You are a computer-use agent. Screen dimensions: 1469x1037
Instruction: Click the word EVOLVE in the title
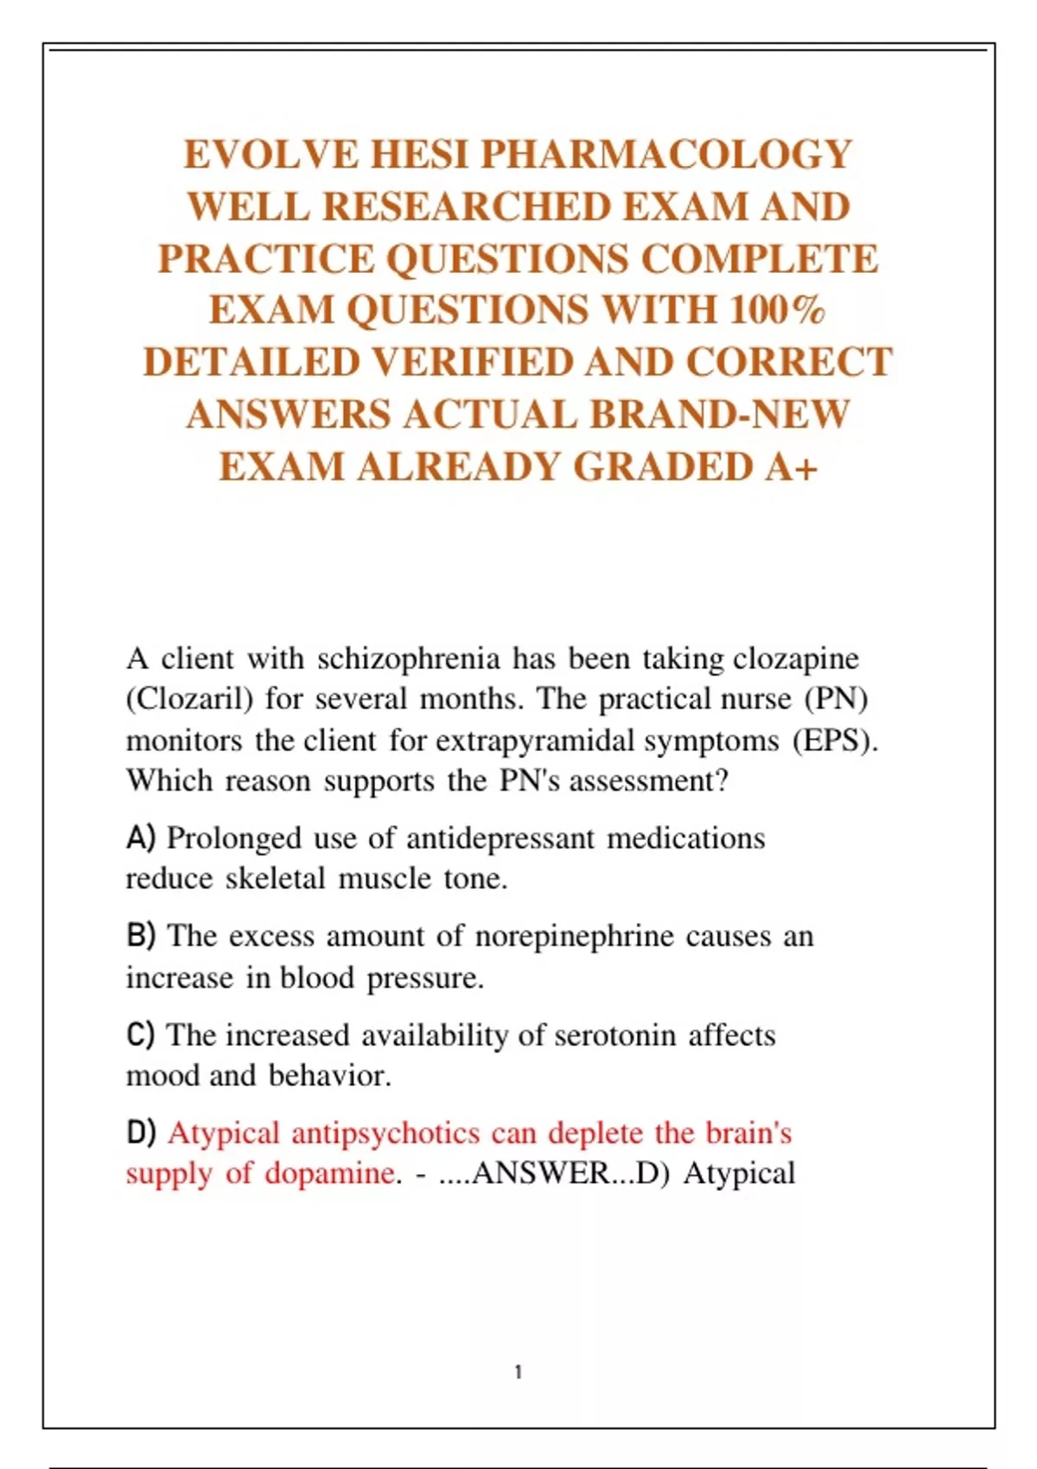coord(270,155)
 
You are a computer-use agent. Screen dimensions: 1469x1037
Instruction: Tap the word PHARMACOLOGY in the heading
coord(666,155)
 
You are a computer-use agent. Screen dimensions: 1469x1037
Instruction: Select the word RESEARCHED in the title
coord(467,207)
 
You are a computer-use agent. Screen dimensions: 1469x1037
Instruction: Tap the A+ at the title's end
coord(791,467)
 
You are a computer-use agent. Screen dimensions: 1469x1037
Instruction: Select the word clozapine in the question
coord(796,659)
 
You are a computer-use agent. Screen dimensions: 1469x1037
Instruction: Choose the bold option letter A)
coord(141,837)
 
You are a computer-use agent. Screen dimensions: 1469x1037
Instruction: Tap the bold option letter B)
coord(141,935)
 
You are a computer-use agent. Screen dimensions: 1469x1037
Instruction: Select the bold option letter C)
coord(141,1034)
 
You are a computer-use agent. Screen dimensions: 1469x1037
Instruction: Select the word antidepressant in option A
coord(500,839)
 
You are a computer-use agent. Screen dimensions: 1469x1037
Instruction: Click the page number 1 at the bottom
coord(518,1372)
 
